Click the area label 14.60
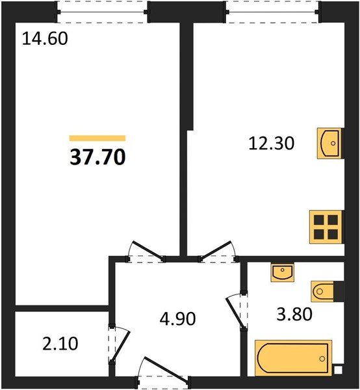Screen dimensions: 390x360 (x=45, y=38)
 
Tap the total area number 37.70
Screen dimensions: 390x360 (x=97, y=157)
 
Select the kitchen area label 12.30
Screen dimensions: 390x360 (x=272, y=143)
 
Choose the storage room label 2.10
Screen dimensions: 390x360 (x=60, y=343)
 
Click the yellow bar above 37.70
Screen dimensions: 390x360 (x=97, y=138)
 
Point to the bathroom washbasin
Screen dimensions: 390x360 (x=282, y=272)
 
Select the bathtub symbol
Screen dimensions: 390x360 (x=293, y=357)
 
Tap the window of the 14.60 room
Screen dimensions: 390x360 (x=102, y=8)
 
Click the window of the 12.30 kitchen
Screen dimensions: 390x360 (x=272, y=8)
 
